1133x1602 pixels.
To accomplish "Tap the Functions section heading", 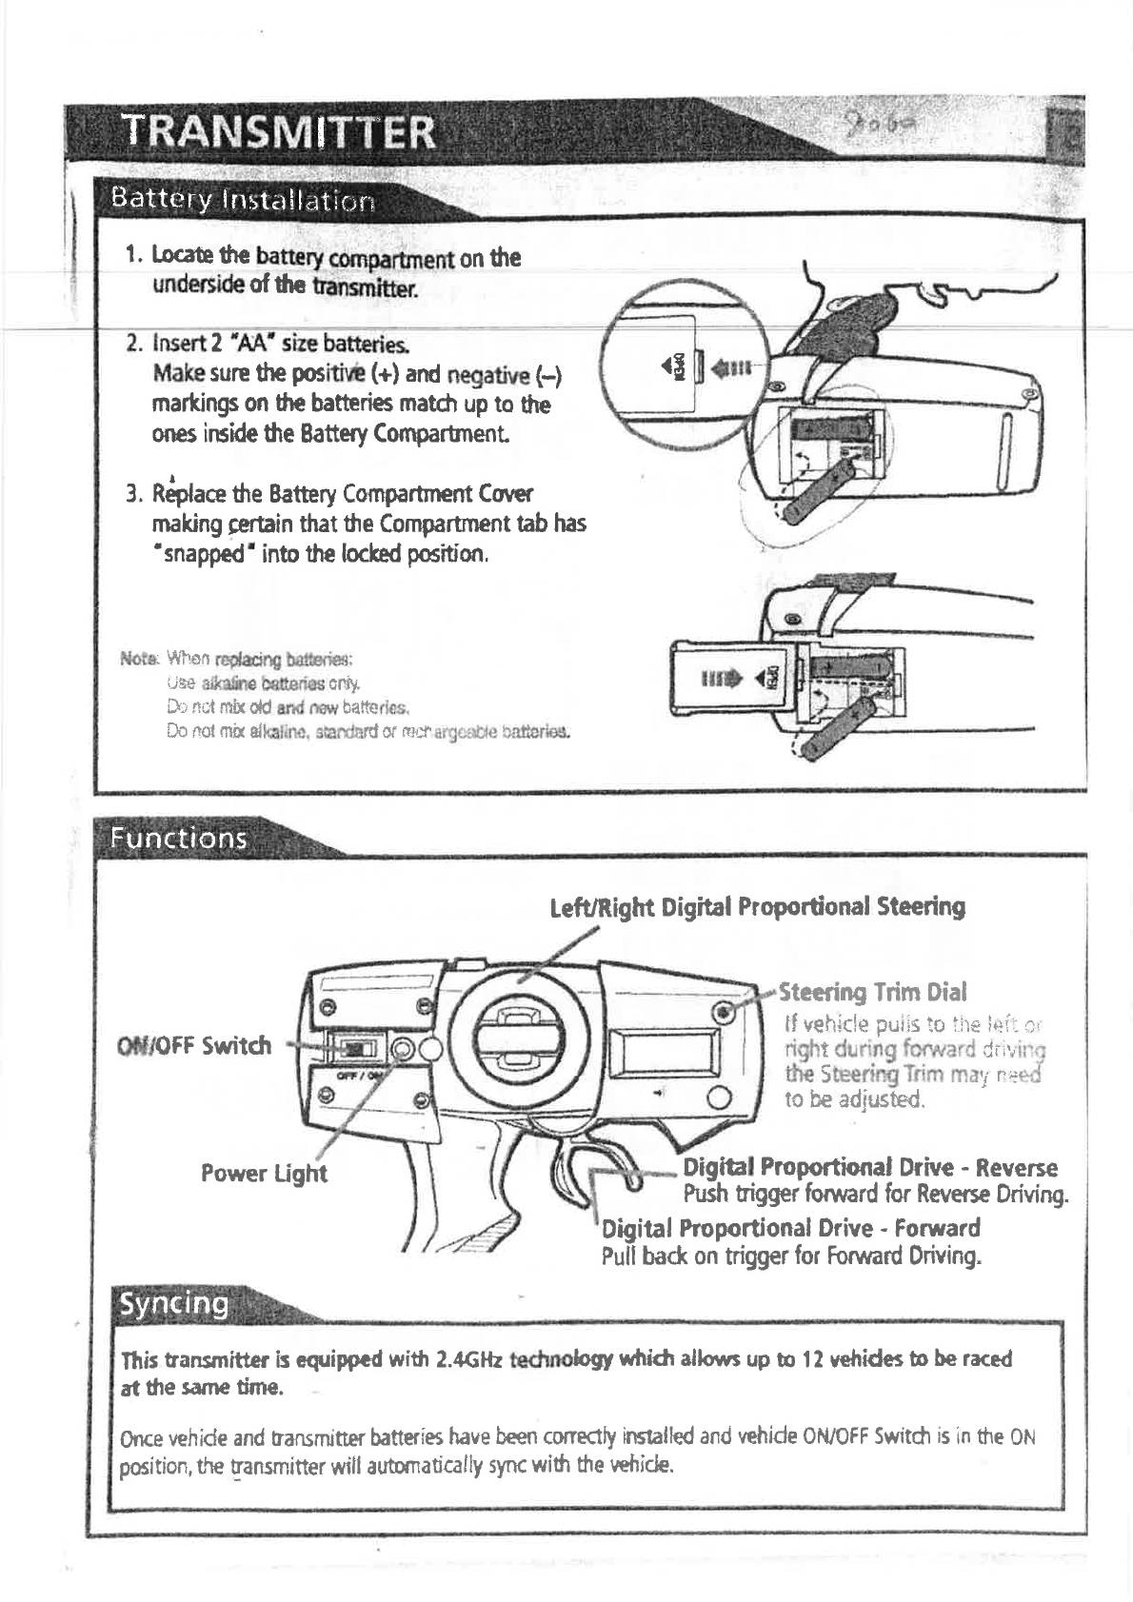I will click(179, 838).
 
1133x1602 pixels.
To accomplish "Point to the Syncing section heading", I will click(171, 1303).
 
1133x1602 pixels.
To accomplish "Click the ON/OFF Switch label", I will click(193, 1045).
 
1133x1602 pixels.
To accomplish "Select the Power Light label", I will click(264, 1173).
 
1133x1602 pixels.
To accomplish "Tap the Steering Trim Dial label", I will click(873, 993).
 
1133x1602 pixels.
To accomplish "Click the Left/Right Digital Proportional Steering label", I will click(758, 906).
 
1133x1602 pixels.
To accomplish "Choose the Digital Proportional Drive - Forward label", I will click(790, 1228).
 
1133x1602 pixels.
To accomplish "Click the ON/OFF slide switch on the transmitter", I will click(354, 1047).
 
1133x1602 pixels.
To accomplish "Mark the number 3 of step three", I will click(134, 496).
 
